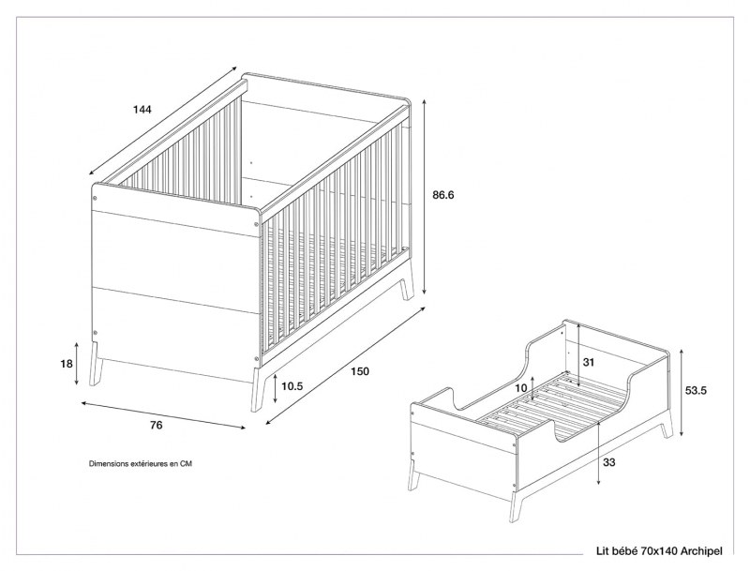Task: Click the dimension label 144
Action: pos(142,110)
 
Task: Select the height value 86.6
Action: pos(444,196)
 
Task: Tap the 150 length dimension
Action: pos(359,371)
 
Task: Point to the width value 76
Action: pos(156,425)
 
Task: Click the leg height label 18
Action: pos(66,365)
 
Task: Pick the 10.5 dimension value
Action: pos(292,385)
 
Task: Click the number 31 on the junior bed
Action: pos(590,362)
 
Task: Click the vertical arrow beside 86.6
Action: pos(424,197)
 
